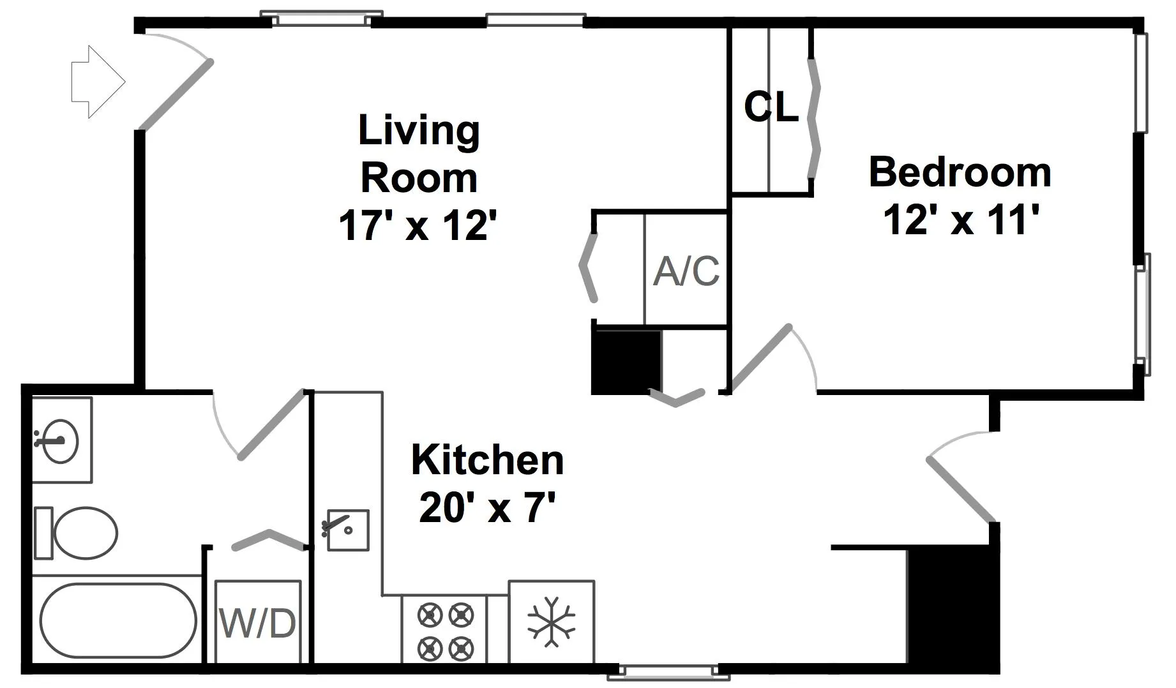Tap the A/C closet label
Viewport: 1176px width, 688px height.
(x=686, y=271)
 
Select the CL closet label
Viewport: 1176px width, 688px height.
(x=771, y=107)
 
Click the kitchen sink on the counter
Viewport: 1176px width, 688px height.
(x=348, y=530)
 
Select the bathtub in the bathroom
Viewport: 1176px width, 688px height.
(x=118, y=620)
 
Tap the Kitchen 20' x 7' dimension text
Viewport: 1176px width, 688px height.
(x=486, y=509)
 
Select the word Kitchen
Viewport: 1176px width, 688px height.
(x=488, y=460)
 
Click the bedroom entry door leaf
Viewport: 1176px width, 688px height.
(x=761, y=359)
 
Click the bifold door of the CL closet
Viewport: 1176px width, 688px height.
(x=813, y=119)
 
